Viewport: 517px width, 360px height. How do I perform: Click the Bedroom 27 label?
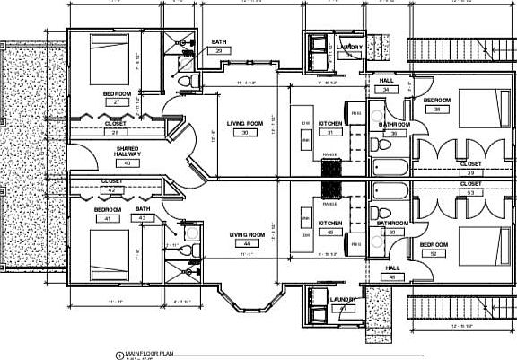pyautogui.click(x=117, y=98)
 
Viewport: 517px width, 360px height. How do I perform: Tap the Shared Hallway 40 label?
pyautogui.click(x=127, y=154)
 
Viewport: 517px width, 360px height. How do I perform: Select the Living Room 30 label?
pyautogui.click(x=244, y=127)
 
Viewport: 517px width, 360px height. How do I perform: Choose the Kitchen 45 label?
pyautogui.click(x=330, y=227)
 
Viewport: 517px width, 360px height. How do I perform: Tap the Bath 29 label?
pyautogui.click(x=218, y=47)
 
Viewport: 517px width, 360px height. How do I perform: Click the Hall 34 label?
pyautogui.click(x=387, y=85)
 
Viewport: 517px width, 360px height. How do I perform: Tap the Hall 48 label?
pyautogui.click(x=392, y=273)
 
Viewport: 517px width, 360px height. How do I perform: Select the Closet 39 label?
pyautogui.click(x=470, y=169)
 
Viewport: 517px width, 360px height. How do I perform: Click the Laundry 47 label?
pyautogui.click(x=344, y=303)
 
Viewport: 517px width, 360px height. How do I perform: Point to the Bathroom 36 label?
pyautogui.click(x=393, y=128)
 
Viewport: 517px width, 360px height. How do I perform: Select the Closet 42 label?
pyautogui.click(x=113, y=186)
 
